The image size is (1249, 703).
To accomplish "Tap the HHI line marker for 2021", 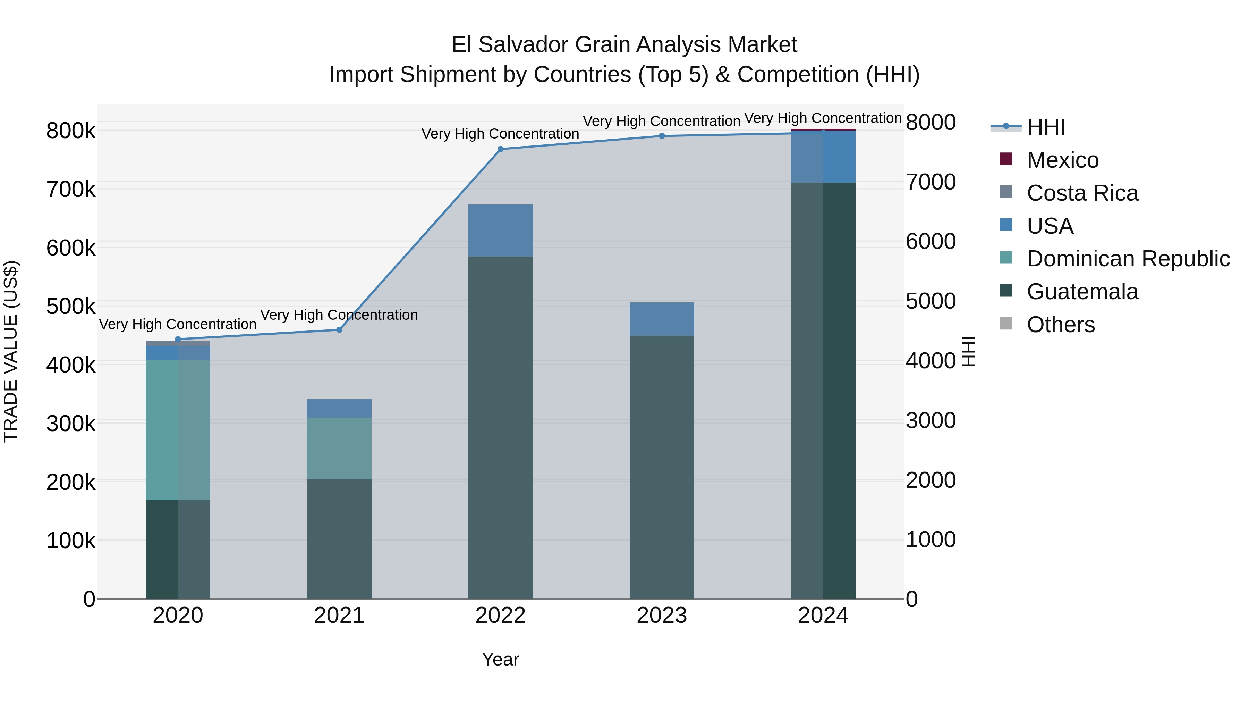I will [339, 330].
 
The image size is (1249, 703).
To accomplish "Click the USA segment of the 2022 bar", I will [500, 231].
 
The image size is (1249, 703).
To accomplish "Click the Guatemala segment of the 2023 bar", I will [662, 466].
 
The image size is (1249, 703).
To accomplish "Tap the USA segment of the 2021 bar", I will [339, 409].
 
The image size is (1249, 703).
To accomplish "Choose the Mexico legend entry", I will [1062, 160].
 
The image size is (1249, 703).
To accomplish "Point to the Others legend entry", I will [1060, 325].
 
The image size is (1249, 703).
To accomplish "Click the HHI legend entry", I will [1045, 127].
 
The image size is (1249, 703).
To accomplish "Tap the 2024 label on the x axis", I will [823, 616].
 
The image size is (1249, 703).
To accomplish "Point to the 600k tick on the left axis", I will [71, 248].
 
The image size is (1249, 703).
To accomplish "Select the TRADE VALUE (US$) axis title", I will [11, 351].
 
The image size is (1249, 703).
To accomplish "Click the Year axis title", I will [500, 659].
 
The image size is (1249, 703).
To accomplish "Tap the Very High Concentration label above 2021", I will [339, 315].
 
